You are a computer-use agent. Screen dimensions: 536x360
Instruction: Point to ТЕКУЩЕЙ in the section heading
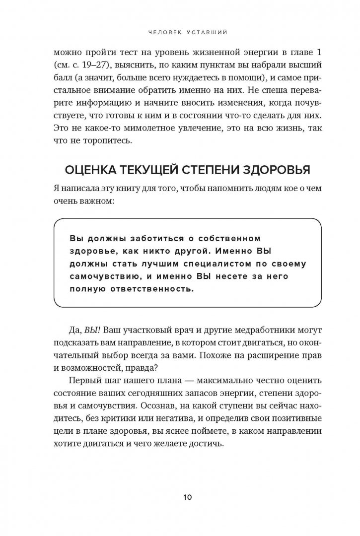click(x=156, y=171)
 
